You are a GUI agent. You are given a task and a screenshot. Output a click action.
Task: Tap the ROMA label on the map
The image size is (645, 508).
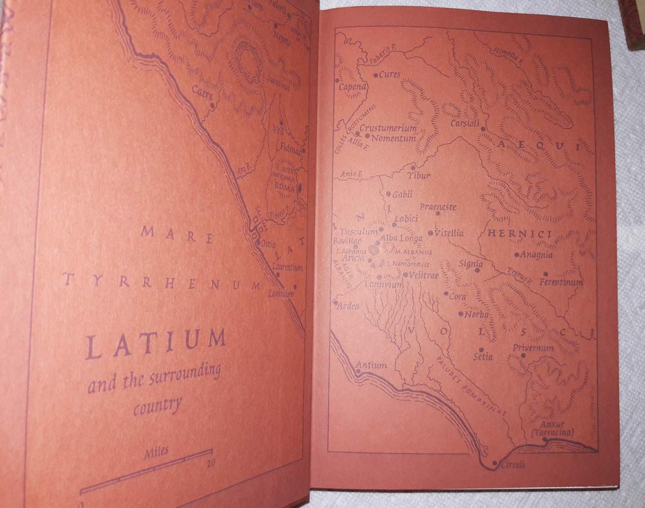(284, 187)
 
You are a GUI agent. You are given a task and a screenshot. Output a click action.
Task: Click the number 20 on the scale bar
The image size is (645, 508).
(210, 462)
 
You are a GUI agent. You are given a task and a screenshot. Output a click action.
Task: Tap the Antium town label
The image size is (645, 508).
(372, 365)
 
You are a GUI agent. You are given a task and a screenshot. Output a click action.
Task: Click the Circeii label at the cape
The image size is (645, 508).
(509, 463)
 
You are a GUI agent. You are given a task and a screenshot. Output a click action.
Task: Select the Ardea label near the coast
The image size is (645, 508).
(349, 306)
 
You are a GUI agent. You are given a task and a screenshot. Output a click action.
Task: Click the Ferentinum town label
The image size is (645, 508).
(561, 282)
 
